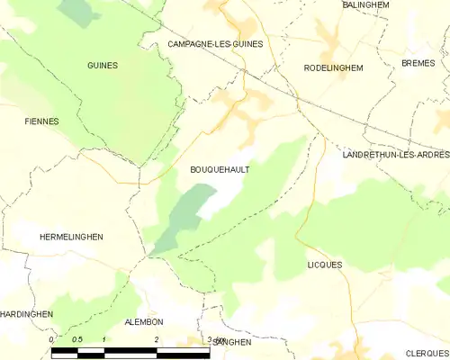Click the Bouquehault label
tap(220, 168)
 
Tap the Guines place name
tap(103, 66)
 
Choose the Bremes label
tap(418, 63)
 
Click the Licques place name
tap(325, 265)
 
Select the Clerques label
tap(427, 354)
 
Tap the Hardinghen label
tap(27, 314)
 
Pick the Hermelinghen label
tap(72, 237)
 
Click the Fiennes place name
tap(41, 121)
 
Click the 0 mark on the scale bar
tap(52, 339)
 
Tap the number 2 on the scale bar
tap(157, 339)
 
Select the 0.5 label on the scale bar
tap(77, 339)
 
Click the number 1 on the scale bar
tap(104, 339)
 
